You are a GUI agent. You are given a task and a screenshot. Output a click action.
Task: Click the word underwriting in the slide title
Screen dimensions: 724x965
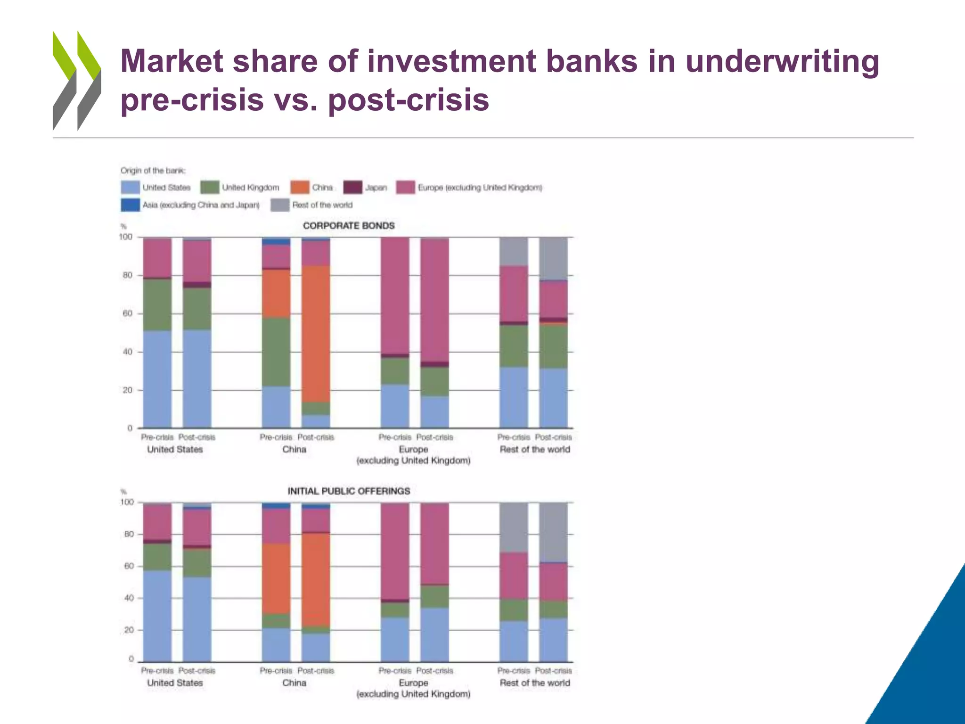782,62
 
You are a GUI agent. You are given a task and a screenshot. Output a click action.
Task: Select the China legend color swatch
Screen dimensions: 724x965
300,188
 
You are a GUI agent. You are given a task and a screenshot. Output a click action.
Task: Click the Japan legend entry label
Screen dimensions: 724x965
376,188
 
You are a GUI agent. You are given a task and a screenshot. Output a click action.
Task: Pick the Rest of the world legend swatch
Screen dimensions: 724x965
280,205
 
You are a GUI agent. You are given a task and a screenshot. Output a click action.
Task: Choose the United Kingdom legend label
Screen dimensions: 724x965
250,188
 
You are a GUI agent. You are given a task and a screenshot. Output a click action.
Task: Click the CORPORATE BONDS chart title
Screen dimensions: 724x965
349,226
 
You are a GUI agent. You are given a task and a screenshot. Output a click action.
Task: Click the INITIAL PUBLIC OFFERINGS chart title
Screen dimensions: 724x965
349,491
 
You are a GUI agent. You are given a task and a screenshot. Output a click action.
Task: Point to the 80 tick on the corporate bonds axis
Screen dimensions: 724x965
128,275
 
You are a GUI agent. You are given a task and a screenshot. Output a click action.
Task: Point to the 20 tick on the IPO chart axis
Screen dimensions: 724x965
128,630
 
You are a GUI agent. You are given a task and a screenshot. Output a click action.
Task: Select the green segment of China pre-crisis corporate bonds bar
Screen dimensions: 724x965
276,352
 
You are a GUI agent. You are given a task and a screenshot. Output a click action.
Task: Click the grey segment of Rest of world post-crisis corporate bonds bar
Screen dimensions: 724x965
553,258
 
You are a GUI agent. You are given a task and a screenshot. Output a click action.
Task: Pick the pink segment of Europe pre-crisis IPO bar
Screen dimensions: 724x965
395,551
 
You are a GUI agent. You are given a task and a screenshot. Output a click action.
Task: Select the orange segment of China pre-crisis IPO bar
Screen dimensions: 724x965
276,579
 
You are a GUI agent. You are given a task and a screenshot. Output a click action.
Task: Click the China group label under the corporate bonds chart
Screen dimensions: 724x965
294,450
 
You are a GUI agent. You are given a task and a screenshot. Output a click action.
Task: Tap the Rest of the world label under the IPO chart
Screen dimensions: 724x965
534,683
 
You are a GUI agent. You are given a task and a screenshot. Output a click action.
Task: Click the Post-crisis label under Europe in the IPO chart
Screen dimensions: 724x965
434,671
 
